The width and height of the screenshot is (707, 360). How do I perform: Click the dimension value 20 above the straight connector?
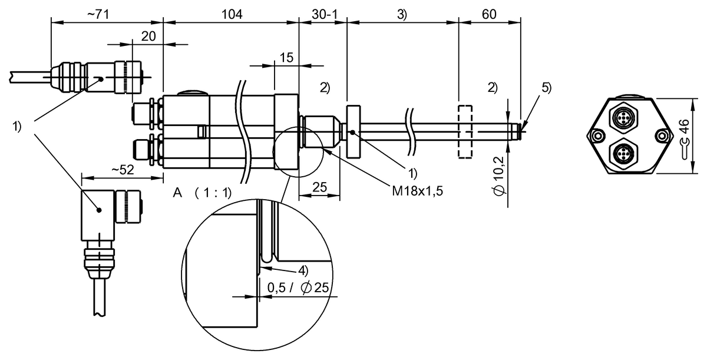[x=148, y=37]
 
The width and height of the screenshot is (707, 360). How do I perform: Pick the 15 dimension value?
[x=286, y=57]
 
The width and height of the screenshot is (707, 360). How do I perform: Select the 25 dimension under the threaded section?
[x=319, y=188]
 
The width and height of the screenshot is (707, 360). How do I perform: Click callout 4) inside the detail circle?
[x=303, y=270]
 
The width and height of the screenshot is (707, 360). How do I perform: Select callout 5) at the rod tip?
[x=546, y=88]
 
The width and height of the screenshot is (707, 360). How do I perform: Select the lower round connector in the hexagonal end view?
[x=623, y=155]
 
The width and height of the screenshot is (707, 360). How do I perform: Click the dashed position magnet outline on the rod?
[x=465, y=132]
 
